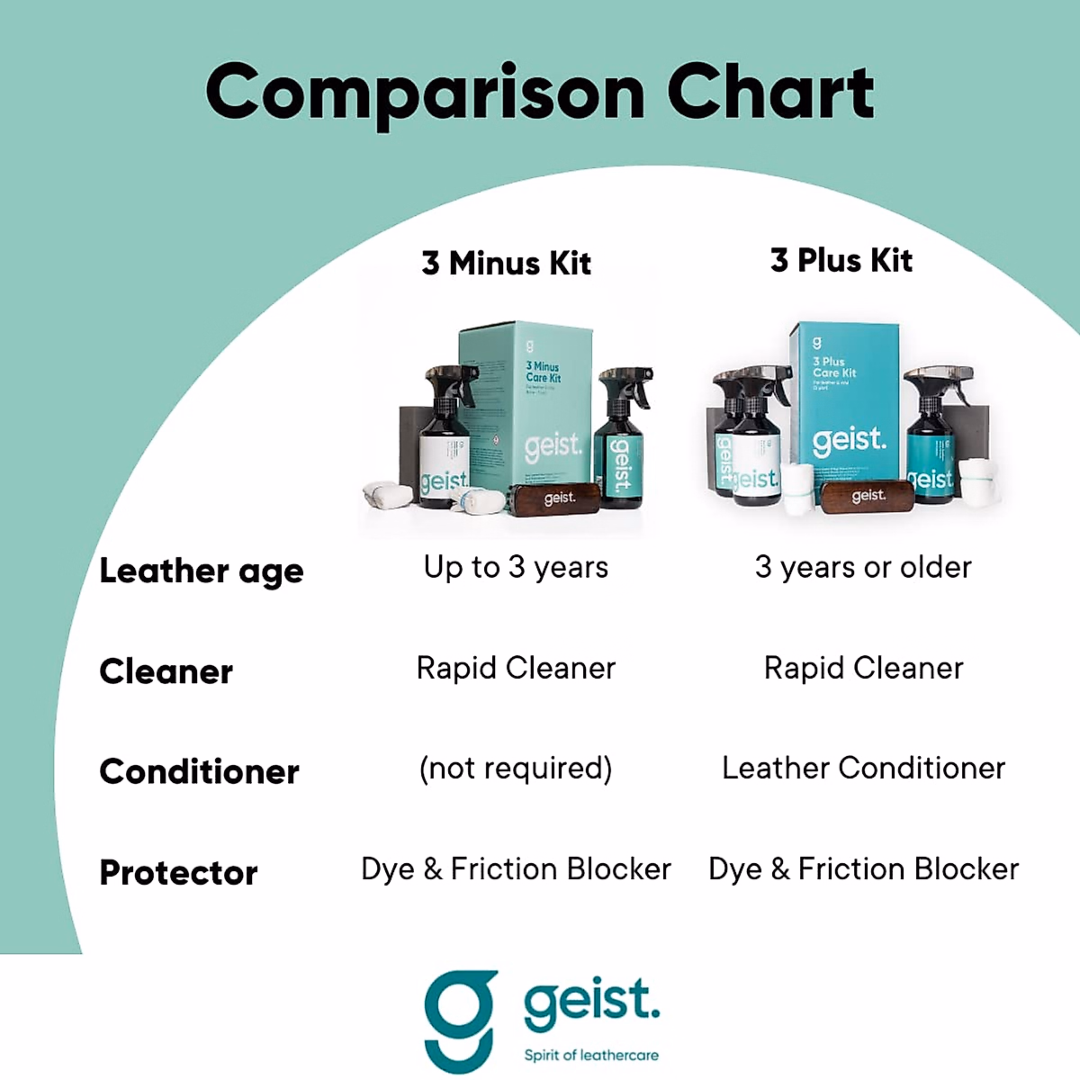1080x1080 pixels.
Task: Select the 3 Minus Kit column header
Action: pos(506,263)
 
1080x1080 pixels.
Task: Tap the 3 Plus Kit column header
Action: pos(841,260)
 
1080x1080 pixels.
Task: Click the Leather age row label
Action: pos(202,571)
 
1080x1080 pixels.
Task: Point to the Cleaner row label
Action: pos(166,671)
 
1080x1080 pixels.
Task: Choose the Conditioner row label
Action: pos(199,771)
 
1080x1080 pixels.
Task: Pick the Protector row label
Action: pos(178,872)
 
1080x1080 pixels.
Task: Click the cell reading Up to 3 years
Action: pos(516,567)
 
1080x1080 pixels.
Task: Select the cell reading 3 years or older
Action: pos(863,567)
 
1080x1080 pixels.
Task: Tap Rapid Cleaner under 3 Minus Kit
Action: pos(516,668)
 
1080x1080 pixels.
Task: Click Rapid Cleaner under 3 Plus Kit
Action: pos(863,668)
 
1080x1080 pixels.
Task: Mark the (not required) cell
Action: pos(516,769)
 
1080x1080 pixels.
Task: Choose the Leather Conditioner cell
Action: pos(863,768)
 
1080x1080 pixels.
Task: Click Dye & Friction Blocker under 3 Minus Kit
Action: pos(516,868)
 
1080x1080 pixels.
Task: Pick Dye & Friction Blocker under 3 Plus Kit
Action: pos(863,868)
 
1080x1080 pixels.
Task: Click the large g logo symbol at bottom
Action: pos(461,1019)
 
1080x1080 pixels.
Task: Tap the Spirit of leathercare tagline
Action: pos(591,1055)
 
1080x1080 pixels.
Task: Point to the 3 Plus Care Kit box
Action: pos(846,405)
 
